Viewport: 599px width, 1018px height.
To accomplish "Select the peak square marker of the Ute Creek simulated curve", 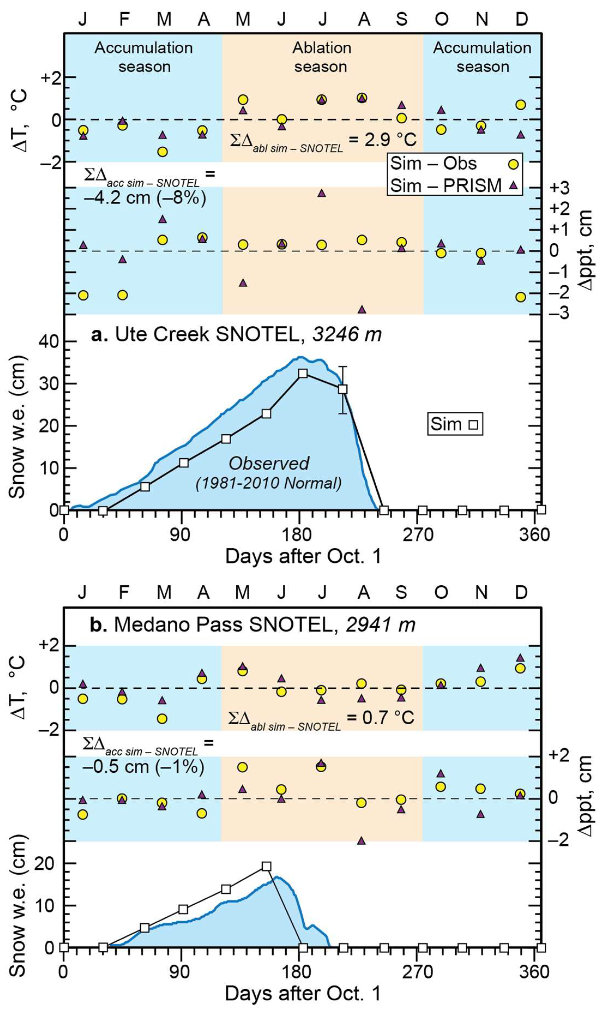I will [303, 373].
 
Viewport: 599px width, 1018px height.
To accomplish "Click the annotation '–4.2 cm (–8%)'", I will [145, 198].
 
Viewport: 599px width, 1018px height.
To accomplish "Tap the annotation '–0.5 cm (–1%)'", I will [143, 767].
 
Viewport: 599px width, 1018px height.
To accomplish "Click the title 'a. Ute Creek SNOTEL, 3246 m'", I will [236, 335].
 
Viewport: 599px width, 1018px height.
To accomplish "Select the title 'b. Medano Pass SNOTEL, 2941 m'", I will [252, 625].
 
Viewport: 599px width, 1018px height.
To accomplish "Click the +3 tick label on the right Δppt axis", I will [559, 188].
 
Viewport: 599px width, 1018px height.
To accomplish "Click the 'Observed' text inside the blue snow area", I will [269, 463].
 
